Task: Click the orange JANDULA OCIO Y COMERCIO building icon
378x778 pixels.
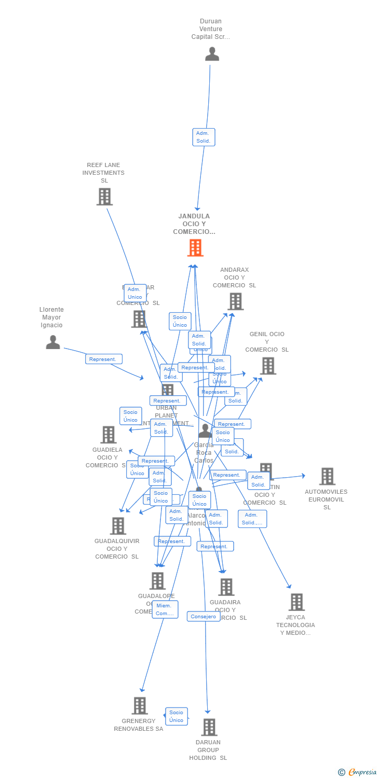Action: point(195,248)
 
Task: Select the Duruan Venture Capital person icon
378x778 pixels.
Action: point(212,54)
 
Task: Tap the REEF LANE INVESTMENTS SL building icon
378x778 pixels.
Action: point(104,197)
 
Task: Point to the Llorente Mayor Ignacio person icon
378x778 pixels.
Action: point(53,342)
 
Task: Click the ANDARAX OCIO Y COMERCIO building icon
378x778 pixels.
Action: point(235,301)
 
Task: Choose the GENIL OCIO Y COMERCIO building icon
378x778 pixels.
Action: point(268,366)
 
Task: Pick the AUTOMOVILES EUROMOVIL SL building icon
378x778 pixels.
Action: point(327,476)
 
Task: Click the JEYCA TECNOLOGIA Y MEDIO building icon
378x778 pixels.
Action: point(296,602)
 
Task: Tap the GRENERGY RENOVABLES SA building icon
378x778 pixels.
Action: point(140,706)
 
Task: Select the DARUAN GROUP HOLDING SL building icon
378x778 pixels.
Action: point(209,727)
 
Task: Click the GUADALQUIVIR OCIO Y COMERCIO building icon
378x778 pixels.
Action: point(118,526)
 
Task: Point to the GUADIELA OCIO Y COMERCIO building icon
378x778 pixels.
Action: point(108,435)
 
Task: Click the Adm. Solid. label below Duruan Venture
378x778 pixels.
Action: point(204,137)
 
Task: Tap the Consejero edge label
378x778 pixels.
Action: point(204,617)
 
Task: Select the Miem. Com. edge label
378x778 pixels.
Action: point(165,609)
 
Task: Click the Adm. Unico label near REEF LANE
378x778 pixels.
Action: point(135,293)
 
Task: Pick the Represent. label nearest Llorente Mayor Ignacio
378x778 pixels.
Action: point(104,359)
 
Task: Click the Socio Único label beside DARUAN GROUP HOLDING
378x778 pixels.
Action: point(177,716)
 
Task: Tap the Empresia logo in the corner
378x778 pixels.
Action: point(358,772)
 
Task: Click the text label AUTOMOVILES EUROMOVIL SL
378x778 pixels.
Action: point(326,499)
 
